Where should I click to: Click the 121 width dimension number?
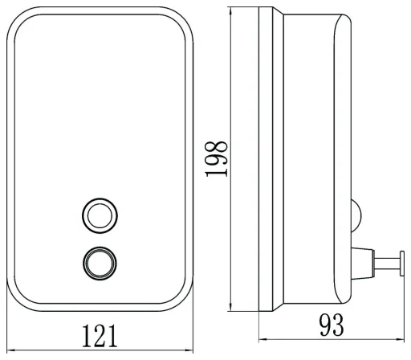[100, 336]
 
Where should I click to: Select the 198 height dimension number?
[217, 159]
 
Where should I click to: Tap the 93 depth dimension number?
[332, 325]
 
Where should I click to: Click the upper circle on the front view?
[100, 215]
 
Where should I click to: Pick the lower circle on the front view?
[100, 264]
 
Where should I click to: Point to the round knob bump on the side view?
[356, 215]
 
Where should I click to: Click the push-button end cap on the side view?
[401, 264]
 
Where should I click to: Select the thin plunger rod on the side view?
[387, 263]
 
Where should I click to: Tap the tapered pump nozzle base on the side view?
[362, 264]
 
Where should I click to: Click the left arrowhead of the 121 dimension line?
[10, 350]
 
